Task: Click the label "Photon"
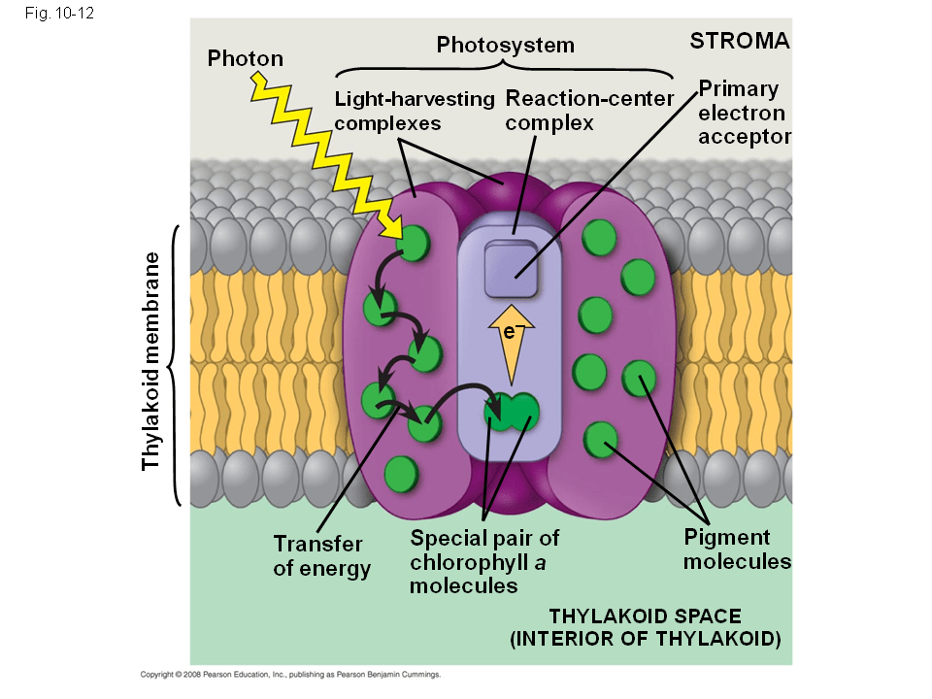[246, 58]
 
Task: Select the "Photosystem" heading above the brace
[505, 45]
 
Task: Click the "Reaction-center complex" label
[589, 111]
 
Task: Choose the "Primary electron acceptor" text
[744, 113]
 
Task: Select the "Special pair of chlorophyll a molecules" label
[484, 561]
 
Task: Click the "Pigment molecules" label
[738, 549]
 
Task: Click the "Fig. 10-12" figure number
[54, 15]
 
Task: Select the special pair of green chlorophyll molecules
[512, 412]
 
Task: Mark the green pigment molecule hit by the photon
[416, 243]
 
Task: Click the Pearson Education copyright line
[291, 673]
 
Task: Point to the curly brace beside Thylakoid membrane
[175, 365]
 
